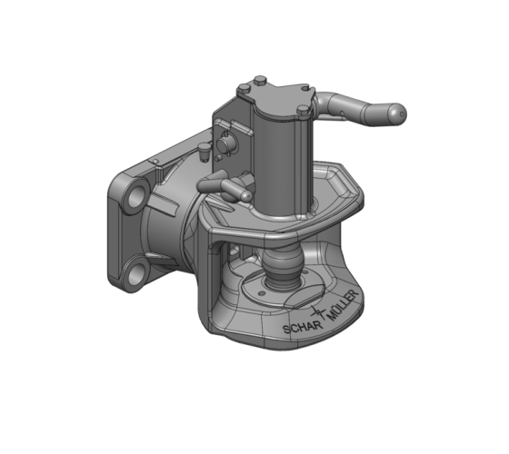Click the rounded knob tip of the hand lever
pos(394,113)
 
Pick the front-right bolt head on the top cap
pos(303,111)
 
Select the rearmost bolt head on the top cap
pos(260,79)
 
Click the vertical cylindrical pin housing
pos(282,154)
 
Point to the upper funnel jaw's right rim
pos(354,195)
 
